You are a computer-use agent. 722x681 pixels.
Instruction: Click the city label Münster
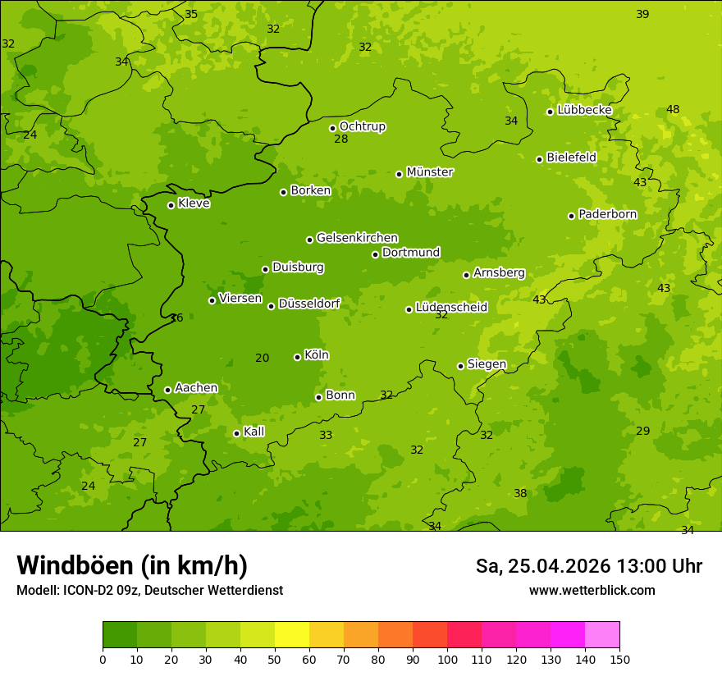pyautogui.click(x=429, y=172)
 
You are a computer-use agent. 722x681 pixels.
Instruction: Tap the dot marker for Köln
pyautogui.click(x=297, y=357)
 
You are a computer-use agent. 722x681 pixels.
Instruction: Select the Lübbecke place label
pyautogui.click(x=584, y=110)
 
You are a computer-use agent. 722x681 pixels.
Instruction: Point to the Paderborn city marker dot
pyautogui.click(x=572, y=216)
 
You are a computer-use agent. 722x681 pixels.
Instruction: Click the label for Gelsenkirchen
pyautogui.click(x=357, y=238)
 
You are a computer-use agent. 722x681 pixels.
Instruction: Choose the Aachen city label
pyautogui.click(x=196, y=388)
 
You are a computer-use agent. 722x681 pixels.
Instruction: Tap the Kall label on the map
pyautogui.click(x=254, y=432)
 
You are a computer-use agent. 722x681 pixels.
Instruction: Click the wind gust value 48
pyautogui.click(x=673, y=109)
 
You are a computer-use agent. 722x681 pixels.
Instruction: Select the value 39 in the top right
pyautogui.click(x=642, y=14)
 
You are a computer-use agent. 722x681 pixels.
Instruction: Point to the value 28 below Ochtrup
pyautogui.click(x=341, y=139)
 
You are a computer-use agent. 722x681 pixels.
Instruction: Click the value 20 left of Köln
pyautogui.click(x=263, y=358)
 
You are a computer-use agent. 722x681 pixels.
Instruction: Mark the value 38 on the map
pyautogui.click(x=520, y=493)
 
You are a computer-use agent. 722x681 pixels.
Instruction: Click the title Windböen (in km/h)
pyautogui.click(x=132, y=565)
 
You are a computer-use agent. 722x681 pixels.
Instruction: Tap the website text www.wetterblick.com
pyautogui.click(x=592, y=590)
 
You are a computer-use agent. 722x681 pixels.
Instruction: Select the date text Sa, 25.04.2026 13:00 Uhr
pyautogui.click(x=588, y=566)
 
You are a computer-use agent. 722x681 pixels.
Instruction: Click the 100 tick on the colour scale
pyautogui.click(x=447, y=658)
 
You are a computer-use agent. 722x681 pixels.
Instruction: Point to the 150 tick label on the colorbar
pyautogui.click(x=619, y=658)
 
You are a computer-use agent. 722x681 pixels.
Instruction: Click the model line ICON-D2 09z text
pyautogui.click(x=149, y=590)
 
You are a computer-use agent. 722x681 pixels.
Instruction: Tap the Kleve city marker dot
pyautogui.click(x=171, y=205)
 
